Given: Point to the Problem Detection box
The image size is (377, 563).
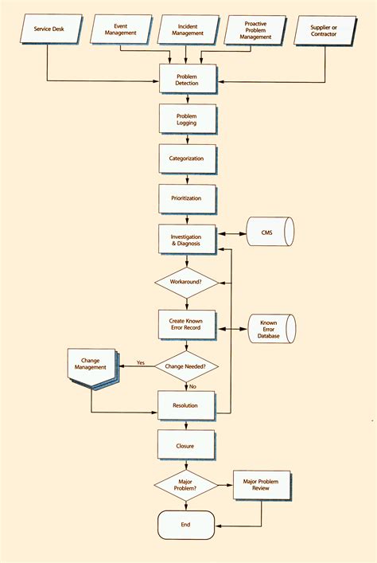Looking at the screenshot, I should point(186,80).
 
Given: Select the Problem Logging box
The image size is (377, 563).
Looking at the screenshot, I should point(186,119).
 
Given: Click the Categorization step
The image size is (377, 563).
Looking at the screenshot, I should point(186,158).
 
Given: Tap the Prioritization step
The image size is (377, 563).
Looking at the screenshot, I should point(186,198).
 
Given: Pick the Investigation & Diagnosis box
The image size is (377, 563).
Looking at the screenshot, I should point(186,240).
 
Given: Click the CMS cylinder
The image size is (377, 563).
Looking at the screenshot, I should point(270,233).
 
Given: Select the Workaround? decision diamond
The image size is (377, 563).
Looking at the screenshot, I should point(186,283).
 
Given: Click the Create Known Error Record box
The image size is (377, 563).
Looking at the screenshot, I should point(186,324).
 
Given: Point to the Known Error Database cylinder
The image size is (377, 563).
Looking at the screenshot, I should point(270,329).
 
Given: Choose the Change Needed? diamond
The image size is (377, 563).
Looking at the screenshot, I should point(186,366).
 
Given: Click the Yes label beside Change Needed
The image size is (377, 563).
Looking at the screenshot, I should point(141,362).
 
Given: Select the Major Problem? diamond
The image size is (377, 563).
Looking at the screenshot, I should point(186,485).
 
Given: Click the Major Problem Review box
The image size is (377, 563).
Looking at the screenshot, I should point(262,484).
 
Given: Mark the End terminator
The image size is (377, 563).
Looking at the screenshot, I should point(186,525).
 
